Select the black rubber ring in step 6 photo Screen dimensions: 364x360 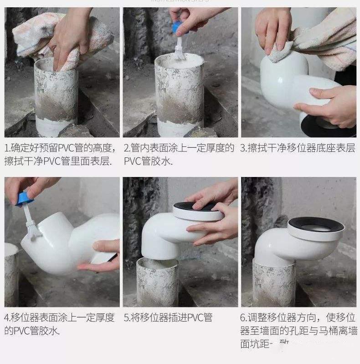click(316, 225)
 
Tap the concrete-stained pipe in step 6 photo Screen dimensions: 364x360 click(274, 285)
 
